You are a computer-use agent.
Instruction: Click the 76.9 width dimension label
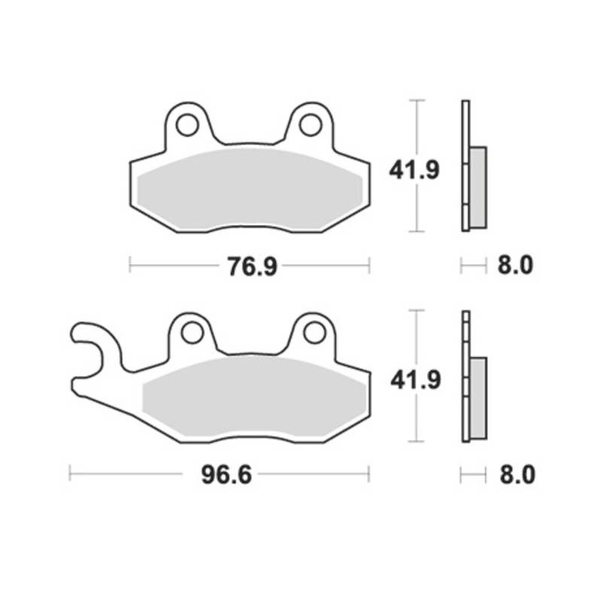(252, 266)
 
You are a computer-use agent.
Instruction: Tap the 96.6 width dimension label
(227, 475)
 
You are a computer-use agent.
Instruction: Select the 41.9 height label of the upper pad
(415, 170)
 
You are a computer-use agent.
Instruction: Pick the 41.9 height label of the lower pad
(415, 381)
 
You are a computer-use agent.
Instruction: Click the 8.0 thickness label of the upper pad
(515, 266)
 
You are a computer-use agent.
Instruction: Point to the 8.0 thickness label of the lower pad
(517, 475)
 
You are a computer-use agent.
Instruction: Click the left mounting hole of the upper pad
(187, 125)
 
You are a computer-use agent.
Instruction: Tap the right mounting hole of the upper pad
(310, 125)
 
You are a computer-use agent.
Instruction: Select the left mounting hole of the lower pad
(192, 333)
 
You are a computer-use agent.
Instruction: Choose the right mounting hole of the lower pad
(315, 333)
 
